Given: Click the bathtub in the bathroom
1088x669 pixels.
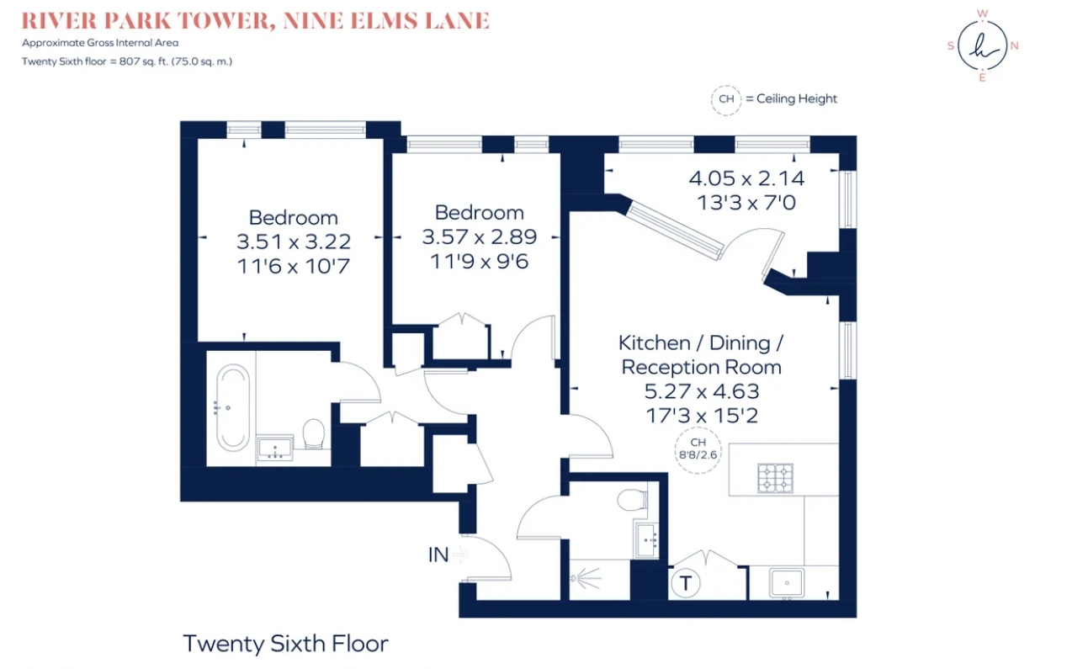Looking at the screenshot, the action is click(x=232, y=407).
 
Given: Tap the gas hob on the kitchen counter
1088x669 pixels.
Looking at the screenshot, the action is click(x=775, y=478).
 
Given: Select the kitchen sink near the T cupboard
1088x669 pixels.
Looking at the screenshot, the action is click(x=787, y=582).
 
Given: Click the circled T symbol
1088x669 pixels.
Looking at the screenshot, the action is click(x=685, y=582).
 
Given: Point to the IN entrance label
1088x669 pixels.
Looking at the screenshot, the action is click(x=438, y=555).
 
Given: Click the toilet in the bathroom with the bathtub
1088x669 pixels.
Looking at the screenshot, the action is click(x=314, y=433).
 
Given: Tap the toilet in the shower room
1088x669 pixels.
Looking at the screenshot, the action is click(x=632, y=500).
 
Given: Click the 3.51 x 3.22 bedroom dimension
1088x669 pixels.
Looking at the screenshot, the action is click(x=294, y=242).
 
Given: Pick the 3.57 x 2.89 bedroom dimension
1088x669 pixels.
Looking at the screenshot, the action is click(x=479, y=237).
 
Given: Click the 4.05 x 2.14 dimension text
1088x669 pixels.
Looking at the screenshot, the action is click(x=746, y=178).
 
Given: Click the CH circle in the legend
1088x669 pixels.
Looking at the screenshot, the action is click(x=726, y=99).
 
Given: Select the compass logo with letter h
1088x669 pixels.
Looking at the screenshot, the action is click(x=982, y=46).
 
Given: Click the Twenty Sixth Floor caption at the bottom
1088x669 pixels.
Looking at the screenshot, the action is click(x=285, y=644).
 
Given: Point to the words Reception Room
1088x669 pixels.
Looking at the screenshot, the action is click(x=702, y=367).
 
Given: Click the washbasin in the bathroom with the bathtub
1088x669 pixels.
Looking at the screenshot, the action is click(x=275, y=448).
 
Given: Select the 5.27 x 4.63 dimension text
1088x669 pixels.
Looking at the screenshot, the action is click(x=702, y=391).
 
